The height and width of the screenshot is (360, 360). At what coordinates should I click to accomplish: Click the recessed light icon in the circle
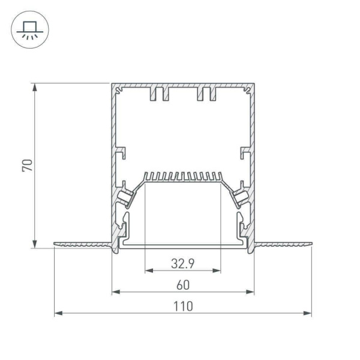28,30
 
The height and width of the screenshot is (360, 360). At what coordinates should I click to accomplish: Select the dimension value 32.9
182,262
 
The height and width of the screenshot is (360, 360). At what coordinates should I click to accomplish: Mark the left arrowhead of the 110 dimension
58,313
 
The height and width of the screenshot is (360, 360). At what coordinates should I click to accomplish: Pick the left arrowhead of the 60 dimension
115,292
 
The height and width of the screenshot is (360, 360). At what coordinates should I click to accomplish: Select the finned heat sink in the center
182,178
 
